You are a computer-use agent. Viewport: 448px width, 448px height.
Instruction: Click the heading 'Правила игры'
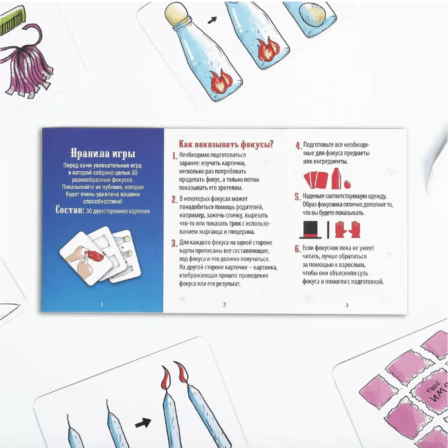pyautogui.click(x=103, y=154)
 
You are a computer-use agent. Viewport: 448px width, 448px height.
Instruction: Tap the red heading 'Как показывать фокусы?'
pyautogui.click(x=226, y=144)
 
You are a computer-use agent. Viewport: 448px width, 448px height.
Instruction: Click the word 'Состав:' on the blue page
pyautogui.click(x=70, y=210)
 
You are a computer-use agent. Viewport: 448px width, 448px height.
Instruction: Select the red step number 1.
pyautogui.click(x=174, y=156)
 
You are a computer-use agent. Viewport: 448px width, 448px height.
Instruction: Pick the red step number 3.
pyautogui.click(x=174, y=243)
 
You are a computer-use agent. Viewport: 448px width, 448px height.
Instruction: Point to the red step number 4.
pyautogui.click(x=298, y=146)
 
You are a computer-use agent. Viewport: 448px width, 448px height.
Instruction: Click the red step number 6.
pyautogui.click(x=298, y=249)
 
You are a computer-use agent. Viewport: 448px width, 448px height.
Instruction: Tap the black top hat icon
pyautogui.click(x=311, y=230)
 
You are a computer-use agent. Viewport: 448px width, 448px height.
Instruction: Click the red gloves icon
pyautogui.click(x=348, y=229)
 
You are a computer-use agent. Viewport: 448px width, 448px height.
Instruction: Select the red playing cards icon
pyautogui.click(x=316, y=180)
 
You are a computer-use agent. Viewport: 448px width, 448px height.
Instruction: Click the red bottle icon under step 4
pyautogui.click(x=336, y=178)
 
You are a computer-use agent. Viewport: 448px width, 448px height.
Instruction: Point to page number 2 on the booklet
pyautogui.click(x=225, y=305)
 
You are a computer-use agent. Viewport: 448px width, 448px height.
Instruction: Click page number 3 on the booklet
pyautogui.click(x=347, y=305)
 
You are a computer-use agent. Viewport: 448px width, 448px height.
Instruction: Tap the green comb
pyautogui.click(x=12, y=21)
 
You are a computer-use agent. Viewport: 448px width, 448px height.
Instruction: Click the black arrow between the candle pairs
pyautogui.click(x=143, y=423)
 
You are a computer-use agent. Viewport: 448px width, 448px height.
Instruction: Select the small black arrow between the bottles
pyautogui.click(x=212, y=20)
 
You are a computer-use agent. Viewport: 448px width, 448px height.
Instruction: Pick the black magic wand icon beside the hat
pyautogui.click(x=328, y=230)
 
